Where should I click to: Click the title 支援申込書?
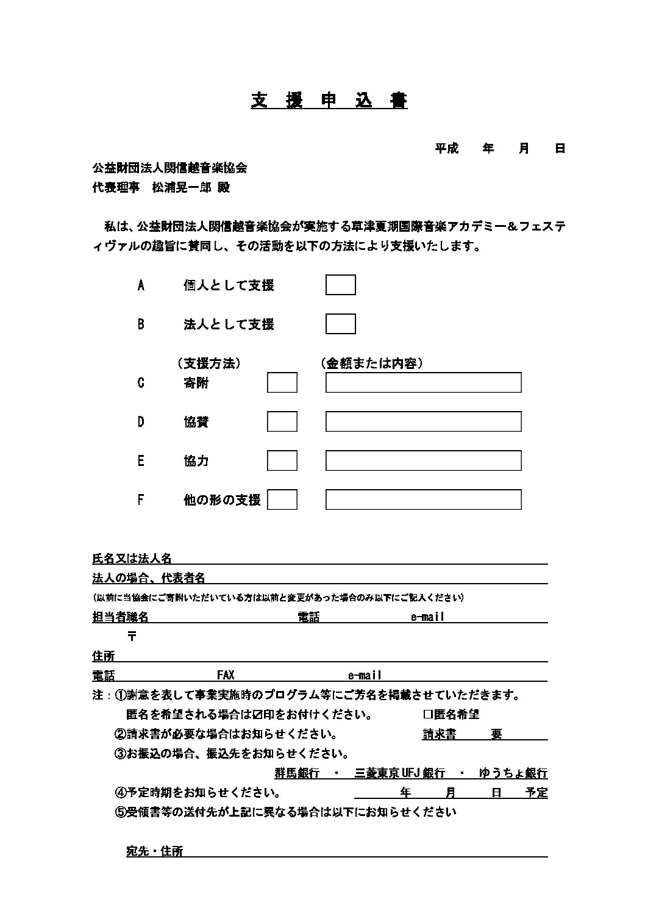tap(329, 101)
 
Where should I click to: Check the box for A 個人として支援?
tap(340, 285)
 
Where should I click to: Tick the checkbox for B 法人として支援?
tap(340, 324)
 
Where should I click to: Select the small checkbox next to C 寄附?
tap(282, 382)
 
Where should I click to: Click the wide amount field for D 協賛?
tap(423, 421)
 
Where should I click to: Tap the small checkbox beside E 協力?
tap(282, 460)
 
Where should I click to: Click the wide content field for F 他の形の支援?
tap(423, 499)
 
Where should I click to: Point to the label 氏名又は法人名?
tap(132, 558)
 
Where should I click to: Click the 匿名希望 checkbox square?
tap(427, 714)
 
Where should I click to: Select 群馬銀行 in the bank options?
tap(297, 773)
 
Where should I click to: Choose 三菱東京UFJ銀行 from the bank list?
tap(400, 773)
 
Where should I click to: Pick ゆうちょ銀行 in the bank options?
tap(513, 773)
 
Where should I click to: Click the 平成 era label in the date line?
tap(446, 148)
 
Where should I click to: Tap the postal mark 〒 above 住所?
tap(132, 636)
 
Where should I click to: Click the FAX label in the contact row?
tap(226, 675)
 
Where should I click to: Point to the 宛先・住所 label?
tap(154, 851)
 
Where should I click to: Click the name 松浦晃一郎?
tap(182, 188)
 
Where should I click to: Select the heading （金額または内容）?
tap(372, 363)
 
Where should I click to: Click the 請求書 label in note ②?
tap(440, 734)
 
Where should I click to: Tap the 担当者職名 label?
tap(120, 617)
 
